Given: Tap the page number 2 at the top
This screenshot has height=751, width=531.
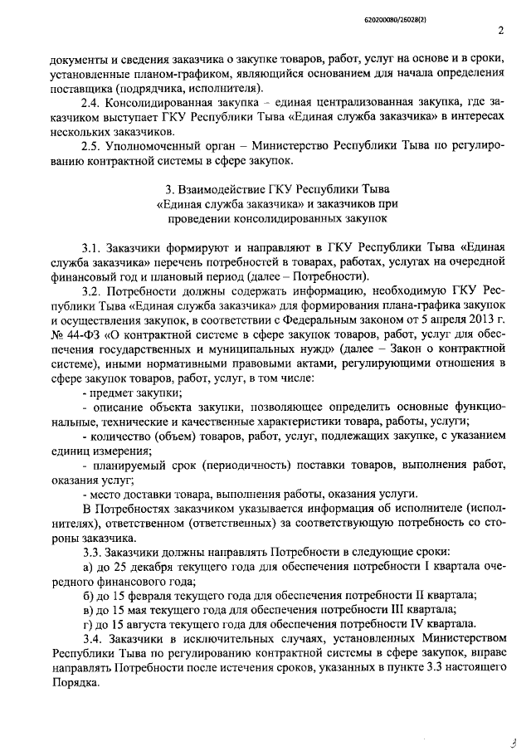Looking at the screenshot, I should click(x=501, y=32).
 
